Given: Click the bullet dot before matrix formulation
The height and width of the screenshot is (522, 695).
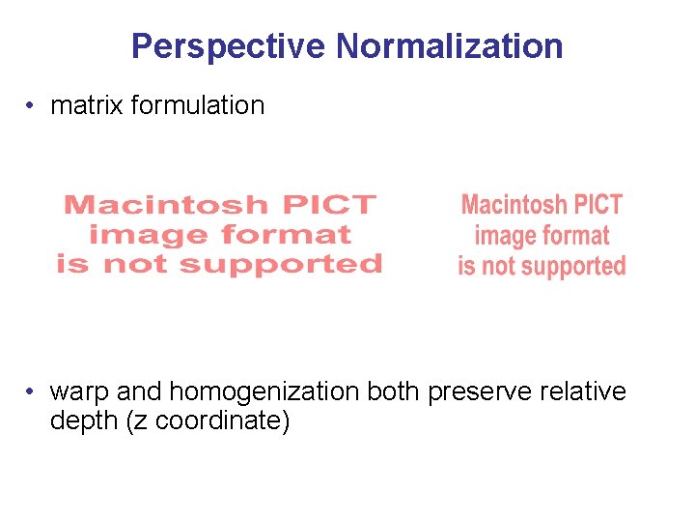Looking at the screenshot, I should pos(33,106).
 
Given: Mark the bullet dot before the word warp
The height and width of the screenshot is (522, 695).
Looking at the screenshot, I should pos(33,392).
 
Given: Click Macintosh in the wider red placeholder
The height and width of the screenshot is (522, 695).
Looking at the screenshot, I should pos(165,205).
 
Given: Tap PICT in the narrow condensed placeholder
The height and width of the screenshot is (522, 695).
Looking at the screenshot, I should pos(601,205).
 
